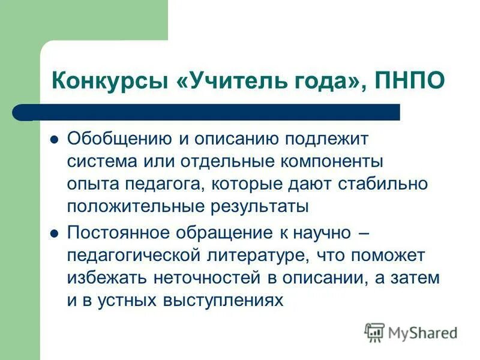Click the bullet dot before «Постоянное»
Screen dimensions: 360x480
coord(54,233)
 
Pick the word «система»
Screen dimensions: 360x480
coord(97,162)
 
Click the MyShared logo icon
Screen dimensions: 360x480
coord(374,332)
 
